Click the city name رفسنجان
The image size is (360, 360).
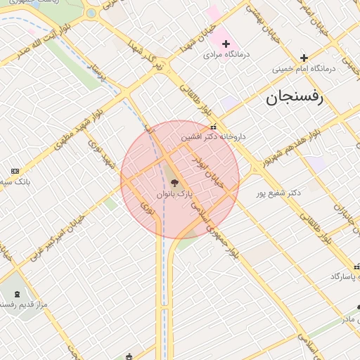[x=293, y=98]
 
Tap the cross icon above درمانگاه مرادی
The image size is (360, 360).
[x=226, y=44]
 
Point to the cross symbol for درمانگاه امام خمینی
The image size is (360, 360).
[x=304, y=58]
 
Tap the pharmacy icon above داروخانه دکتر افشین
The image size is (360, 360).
[x=213, y=127]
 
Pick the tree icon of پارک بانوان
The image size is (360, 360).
[x=174, y=183]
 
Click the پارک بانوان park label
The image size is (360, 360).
[x=174, y=193]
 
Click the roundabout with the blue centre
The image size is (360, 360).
[x=91, y=13]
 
